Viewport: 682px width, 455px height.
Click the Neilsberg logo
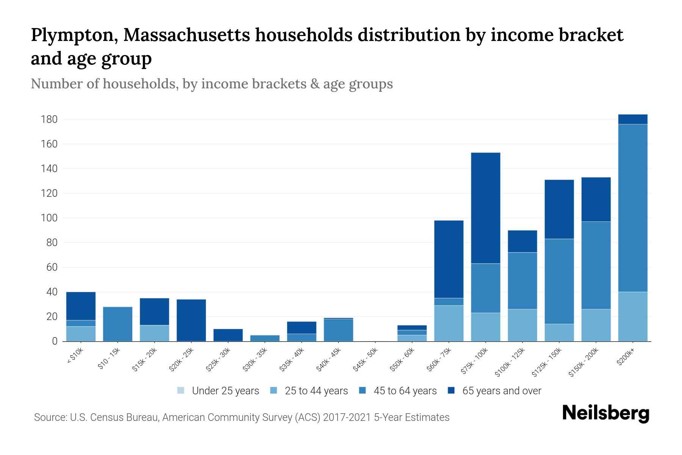point(605,413)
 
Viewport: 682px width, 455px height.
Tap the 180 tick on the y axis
point(49,119)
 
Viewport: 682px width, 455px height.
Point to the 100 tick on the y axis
point(49,218)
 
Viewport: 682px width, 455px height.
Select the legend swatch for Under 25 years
point(181,391)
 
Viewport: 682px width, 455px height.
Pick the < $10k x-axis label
point(75,356)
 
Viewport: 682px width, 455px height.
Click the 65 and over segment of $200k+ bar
point(632,119)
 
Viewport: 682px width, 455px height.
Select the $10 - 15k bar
point(117,324)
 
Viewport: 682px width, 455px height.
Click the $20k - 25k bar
point(191,320)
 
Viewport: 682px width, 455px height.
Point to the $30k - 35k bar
point(265,338)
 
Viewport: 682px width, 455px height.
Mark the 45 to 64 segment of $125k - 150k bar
point(559,281)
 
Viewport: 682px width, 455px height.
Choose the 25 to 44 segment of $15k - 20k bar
point(154,333)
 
